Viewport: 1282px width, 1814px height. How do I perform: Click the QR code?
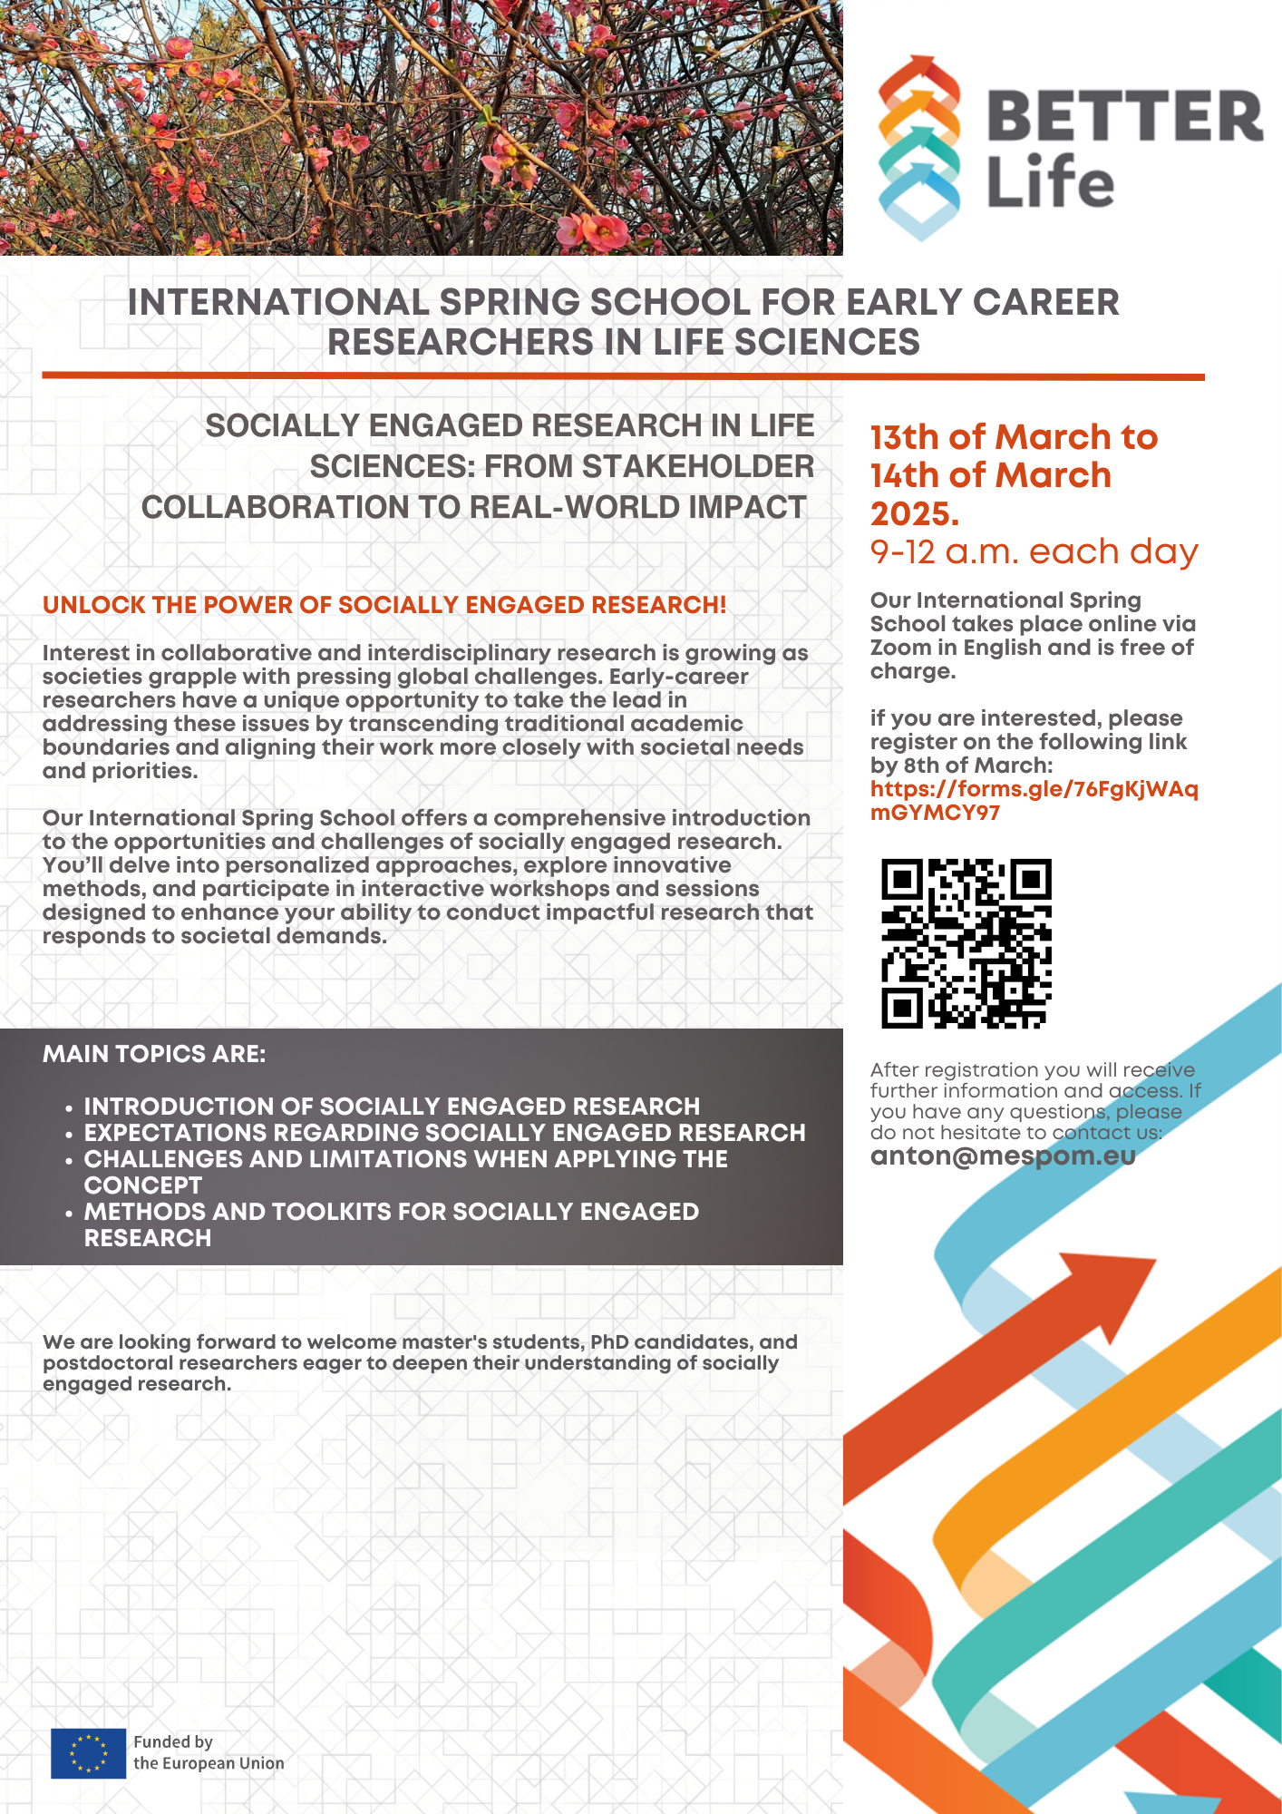[x=966, y=943]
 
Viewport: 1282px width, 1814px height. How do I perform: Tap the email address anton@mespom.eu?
[x=1003, y=1156]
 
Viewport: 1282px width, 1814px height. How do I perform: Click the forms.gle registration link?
[x=1034, y=801]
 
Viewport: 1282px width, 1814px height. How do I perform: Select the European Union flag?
[x=88, y=1752]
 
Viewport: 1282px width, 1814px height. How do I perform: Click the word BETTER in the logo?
[x=1124, y=116]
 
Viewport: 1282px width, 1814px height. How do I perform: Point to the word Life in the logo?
[x=1050, y=182]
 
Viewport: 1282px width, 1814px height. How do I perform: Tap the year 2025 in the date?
[x=913, y=514]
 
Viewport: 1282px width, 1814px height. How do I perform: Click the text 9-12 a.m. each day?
[x=1034, y=551]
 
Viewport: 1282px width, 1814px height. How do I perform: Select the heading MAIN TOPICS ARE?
[x=154, y=1054]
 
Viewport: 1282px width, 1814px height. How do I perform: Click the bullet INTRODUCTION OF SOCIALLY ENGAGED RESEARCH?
[x=392, y=1107]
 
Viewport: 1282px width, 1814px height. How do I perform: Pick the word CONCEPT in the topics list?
[x=143, y=1185]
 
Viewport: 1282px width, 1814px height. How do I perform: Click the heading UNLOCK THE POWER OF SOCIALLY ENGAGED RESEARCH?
[x=384, y=605]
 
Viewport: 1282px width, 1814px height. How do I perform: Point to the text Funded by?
[x=173, y=1741]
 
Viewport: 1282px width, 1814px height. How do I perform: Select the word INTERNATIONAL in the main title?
[x=277, y=303]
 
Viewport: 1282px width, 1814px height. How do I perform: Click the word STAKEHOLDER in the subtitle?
[x=697, y=466]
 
